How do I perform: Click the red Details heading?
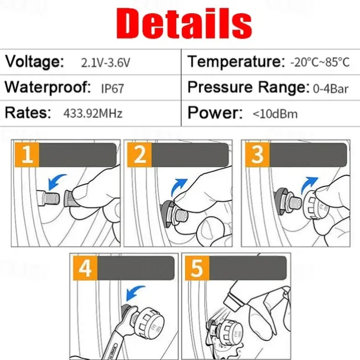(184, 23)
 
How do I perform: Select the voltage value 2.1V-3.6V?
(106, 63)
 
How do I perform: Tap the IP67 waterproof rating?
(113, 89)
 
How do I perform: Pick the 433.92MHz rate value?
(93, 113)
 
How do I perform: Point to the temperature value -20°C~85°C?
(320, 62)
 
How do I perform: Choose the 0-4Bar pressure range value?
(330, 89)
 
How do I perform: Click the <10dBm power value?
(275, 114)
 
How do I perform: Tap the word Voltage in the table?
(34, 61)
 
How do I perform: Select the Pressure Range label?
(248, 87)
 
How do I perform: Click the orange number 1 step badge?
(27, 155)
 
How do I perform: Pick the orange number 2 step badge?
(140, 155)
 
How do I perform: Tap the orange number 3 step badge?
(257, 155)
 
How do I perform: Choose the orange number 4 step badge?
(86, 268)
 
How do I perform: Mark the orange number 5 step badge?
(198, 268)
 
